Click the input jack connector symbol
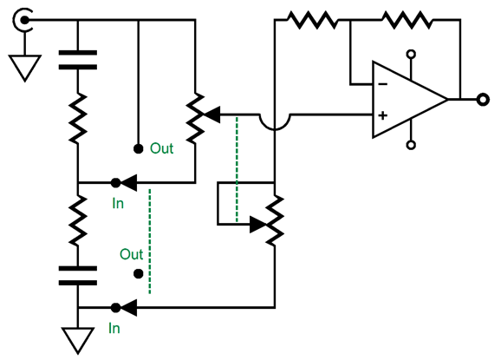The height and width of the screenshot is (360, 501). tap(23, 21)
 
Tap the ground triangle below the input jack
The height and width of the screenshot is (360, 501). tap(24, 69)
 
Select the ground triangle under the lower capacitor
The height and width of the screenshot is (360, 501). tap(78, 340)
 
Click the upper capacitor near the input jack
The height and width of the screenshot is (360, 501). tap(78, 60)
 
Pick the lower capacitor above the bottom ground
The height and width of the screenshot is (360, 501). tap(78, 276)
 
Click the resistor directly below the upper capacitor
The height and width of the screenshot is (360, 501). tap(78, 118)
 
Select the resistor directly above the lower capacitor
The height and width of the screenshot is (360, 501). tap(78, 221)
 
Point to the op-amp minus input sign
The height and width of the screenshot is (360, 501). tap(383, 84)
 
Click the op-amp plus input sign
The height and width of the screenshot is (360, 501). tap(383, 115)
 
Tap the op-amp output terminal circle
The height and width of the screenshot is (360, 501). tap(483, 100)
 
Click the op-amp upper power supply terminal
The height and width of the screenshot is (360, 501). tap(411, 54)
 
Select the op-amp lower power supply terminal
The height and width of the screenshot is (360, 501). tap(411, 145)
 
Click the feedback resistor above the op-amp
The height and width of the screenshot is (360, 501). tap(407, 20)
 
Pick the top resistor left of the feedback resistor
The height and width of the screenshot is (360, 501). tap(313, 20)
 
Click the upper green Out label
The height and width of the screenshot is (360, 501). tap(162, 148)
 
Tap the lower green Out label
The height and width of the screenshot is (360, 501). tap(132, 254)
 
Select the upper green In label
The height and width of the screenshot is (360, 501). tap(118, 203)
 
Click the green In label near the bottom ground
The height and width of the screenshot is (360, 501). tap(114, 329)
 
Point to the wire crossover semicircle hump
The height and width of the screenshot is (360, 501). tap(275, 122)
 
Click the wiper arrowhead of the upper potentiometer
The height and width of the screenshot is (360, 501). tap(212, 115)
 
